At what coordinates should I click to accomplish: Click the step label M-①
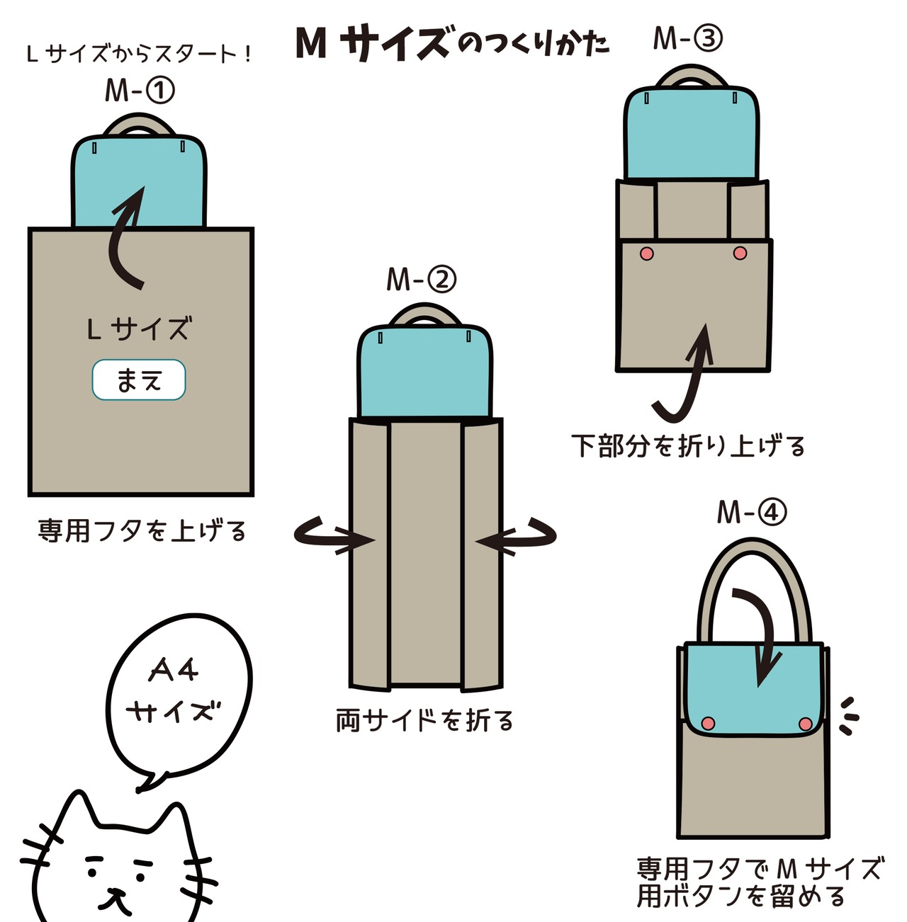point(140,91)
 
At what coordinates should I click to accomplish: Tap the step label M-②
point(421,280)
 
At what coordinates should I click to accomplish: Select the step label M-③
point(687,38)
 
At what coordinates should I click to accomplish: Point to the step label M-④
point(751,511)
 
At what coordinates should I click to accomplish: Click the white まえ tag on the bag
point(139,380)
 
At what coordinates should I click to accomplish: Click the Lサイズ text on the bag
point(139,329)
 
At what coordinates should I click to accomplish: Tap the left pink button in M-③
point(646,253)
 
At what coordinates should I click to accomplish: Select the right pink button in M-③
point(740,253)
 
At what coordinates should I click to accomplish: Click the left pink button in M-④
point(707,722)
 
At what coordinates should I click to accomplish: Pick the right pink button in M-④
point(805,723)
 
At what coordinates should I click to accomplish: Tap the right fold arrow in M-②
point(517,538)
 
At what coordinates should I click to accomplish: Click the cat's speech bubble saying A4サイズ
point(177,694)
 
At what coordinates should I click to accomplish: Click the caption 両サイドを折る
point(424,721)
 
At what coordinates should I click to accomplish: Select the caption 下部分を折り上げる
point(688,446)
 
